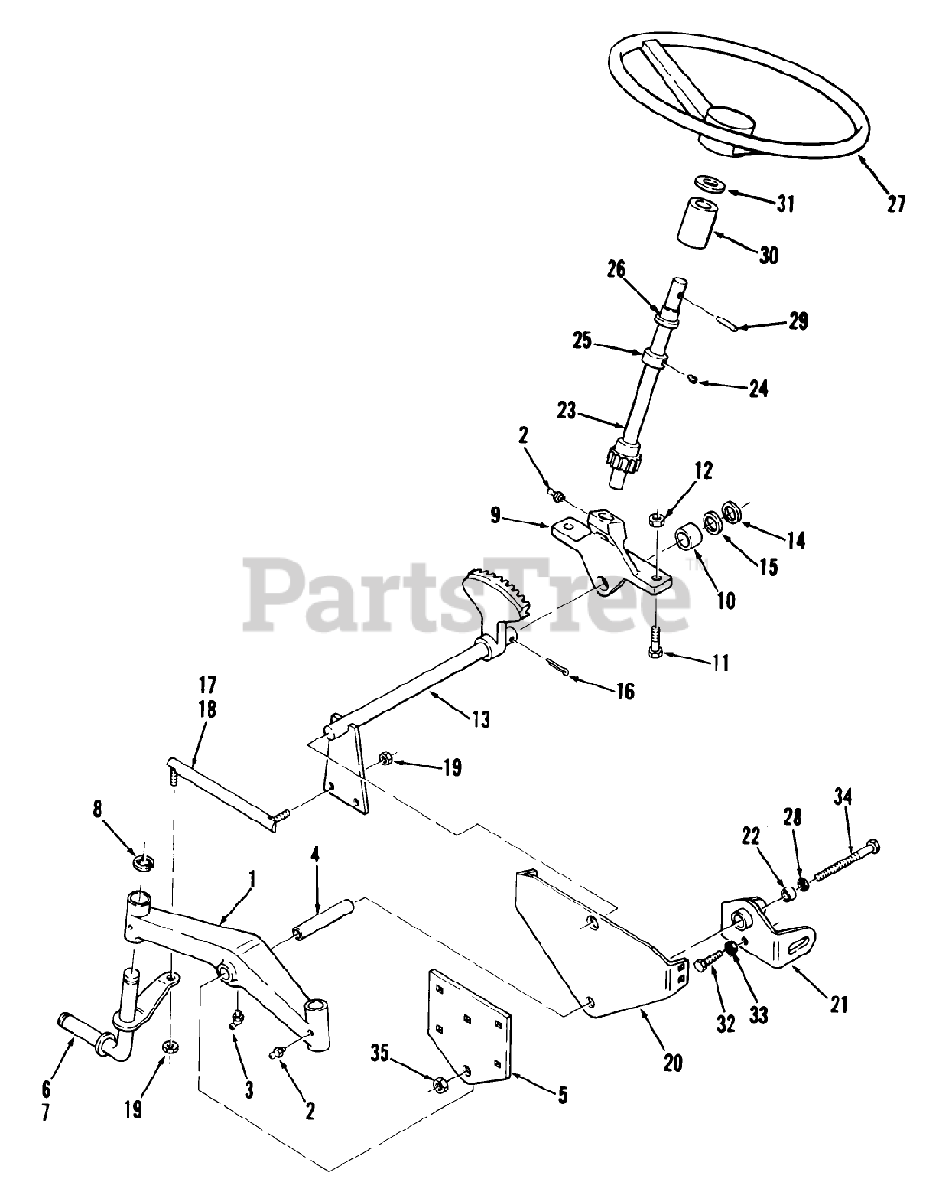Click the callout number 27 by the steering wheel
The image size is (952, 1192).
[895, 204]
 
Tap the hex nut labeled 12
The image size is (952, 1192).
[655, 517]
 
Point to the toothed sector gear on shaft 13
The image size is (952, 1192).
[493, 595]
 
